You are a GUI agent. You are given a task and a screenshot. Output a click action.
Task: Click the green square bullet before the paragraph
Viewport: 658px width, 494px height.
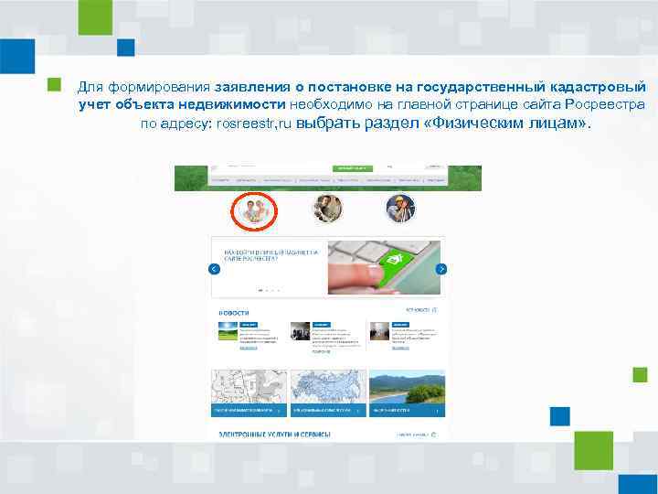54,85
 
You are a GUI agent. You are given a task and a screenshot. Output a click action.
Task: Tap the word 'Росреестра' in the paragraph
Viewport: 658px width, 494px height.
607,105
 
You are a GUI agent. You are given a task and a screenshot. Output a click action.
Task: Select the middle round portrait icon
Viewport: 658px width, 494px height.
326,209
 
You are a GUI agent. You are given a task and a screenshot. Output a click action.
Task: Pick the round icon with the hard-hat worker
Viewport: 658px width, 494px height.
400,209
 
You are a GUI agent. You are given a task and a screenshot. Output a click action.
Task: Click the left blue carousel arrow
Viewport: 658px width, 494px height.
214,269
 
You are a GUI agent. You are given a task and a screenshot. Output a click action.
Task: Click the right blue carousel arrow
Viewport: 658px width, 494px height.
440,269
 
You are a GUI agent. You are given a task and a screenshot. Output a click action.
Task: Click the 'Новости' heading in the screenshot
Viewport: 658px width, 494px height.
234,312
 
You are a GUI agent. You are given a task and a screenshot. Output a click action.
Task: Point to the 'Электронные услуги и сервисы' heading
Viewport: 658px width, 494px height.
273,435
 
